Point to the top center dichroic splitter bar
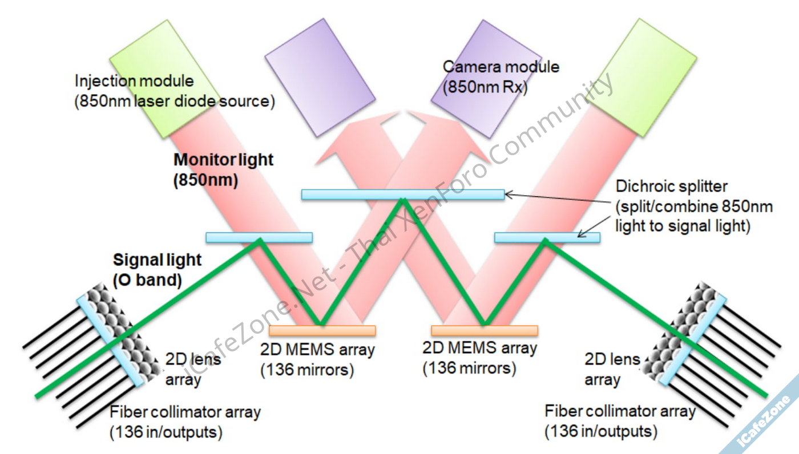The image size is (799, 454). click(402, 194)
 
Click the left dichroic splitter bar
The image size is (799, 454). click(259, 237)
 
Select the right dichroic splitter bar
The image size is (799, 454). click(547, 237)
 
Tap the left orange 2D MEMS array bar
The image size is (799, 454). click(322, 330)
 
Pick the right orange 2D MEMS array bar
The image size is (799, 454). click(484, 330)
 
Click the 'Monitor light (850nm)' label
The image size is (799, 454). click(223, 170)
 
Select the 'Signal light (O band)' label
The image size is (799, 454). click(157, 269)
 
